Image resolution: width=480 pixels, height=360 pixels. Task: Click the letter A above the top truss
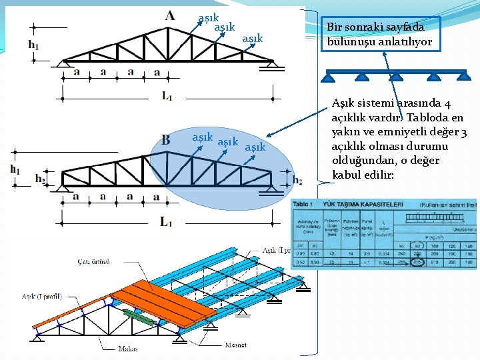coord(171,15)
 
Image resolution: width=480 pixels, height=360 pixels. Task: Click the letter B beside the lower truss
coord(165,140)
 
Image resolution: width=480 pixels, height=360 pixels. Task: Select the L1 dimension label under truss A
coord(167,96)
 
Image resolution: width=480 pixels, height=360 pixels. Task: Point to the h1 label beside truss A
coord(33,45)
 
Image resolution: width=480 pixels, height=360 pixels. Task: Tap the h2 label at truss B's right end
coord(297,181)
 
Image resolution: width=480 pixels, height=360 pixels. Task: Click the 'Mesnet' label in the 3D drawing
coord(235,345)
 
